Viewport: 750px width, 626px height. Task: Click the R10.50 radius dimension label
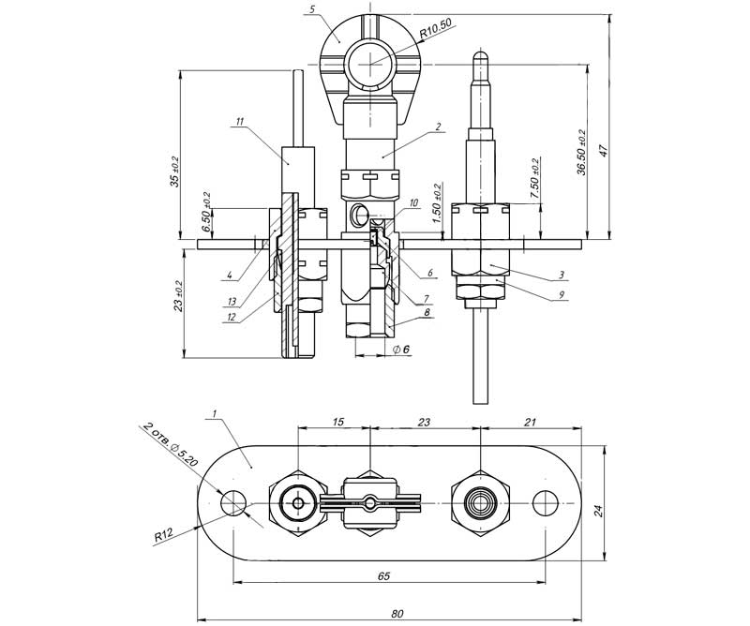coord(437,31)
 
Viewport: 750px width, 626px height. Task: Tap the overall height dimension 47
coord(606,151)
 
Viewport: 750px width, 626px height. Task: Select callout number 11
coord(240,122)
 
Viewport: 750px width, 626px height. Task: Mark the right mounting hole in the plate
coord(544,503)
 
